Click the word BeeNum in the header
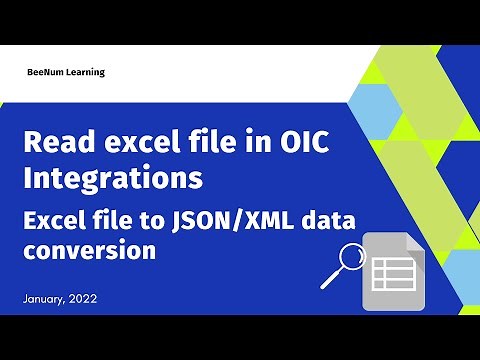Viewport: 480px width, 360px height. pos(48,72)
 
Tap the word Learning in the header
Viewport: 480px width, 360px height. pos(86,73)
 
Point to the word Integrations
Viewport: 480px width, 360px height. pos(113,180)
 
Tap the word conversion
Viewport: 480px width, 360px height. pos(89,251)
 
